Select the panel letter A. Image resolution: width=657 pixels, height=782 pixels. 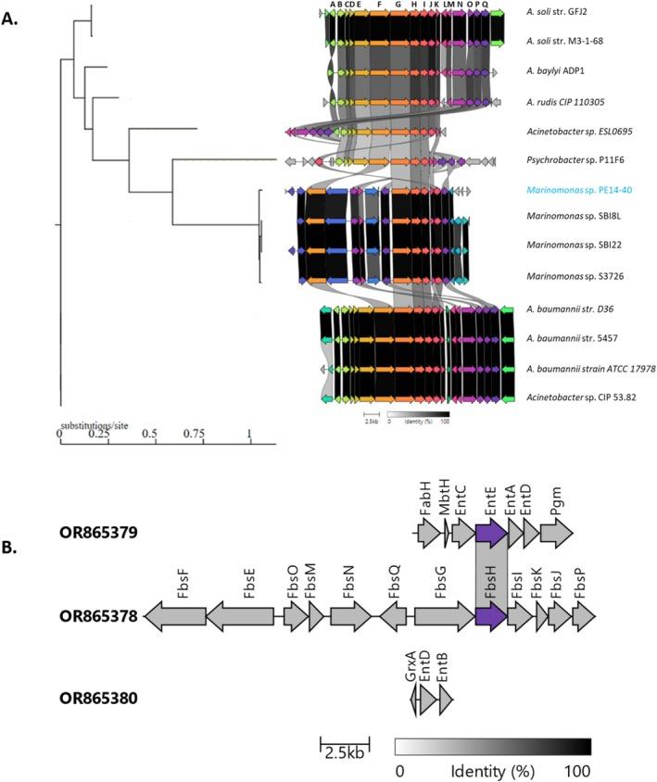tap(13, 16)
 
